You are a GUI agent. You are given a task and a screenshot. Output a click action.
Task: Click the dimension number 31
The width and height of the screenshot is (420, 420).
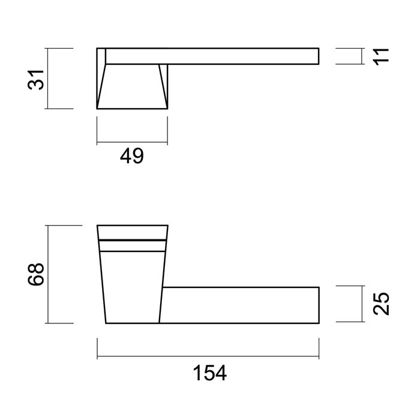tap(38, 79)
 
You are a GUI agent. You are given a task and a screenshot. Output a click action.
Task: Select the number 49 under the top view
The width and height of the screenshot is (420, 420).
tap(131, 157)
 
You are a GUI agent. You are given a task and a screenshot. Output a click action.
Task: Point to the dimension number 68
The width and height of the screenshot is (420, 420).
tap(38, 274)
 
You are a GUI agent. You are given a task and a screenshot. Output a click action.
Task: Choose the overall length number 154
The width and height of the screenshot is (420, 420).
tap(209, 373)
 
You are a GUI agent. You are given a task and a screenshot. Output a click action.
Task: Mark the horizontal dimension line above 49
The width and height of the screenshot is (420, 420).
tap(132, 143)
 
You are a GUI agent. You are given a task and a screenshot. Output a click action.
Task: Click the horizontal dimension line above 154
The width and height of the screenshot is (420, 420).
tap(208, 358)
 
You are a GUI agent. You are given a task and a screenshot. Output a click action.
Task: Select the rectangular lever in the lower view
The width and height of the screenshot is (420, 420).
tap(240, 305)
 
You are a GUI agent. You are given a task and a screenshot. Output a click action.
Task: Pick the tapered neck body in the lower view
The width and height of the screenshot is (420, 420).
tap(132, 285)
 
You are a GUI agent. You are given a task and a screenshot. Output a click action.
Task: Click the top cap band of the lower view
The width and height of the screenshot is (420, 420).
tap(132, 232)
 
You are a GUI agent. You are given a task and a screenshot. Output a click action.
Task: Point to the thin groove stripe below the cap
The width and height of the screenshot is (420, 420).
tap(132, 242)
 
